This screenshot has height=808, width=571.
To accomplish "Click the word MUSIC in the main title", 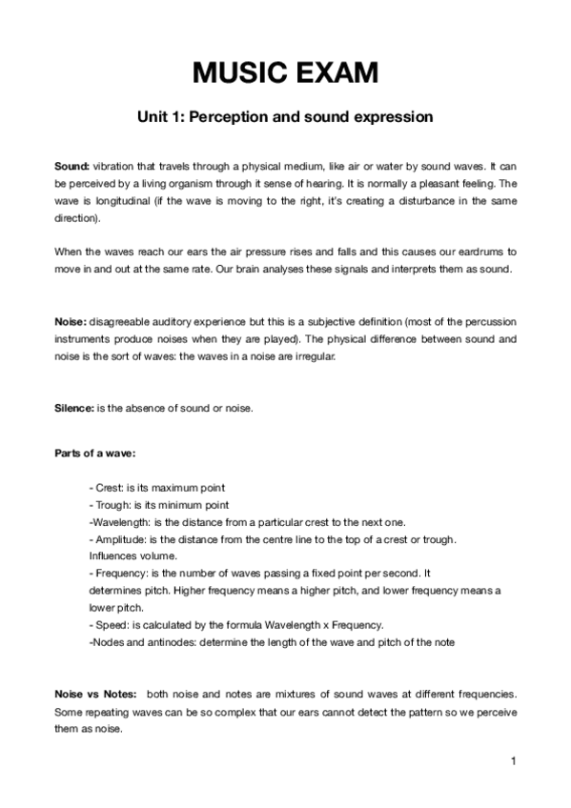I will (x=239, y=72).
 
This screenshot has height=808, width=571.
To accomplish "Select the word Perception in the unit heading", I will (x=251, y=117).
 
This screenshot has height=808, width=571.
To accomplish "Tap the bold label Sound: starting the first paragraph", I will (x=71, y=166).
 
